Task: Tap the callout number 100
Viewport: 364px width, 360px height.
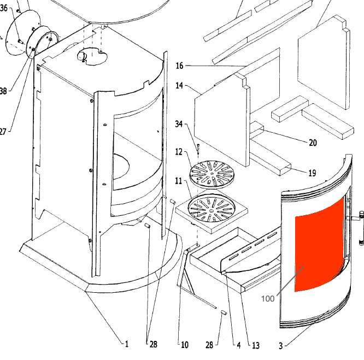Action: pyautogui.click(x=268, y=298)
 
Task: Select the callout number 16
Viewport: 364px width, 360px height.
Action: pyautogui.click(x=179, y=66)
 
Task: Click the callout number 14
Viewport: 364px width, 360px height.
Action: pyautogui.click(x=180, y=86)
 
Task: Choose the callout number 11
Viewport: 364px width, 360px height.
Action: pyautogui.click(x=179, y=179)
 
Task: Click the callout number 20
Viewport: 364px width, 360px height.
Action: pyautogui.click(x=313, y=143)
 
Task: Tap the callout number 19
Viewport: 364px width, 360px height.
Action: pyautogui.click(x=312, y=173)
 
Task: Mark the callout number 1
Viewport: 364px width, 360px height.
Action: pyautogui.click(x=126, y=344)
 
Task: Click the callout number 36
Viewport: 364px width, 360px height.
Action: pyautogui.click(x=4, y=8)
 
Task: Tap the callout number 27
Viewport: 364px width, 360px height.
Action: pyautogui.click(x=3, y=132)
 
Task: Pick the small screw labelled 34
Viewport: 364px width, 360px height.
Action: pyautogui.click(x=198, y=148)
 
